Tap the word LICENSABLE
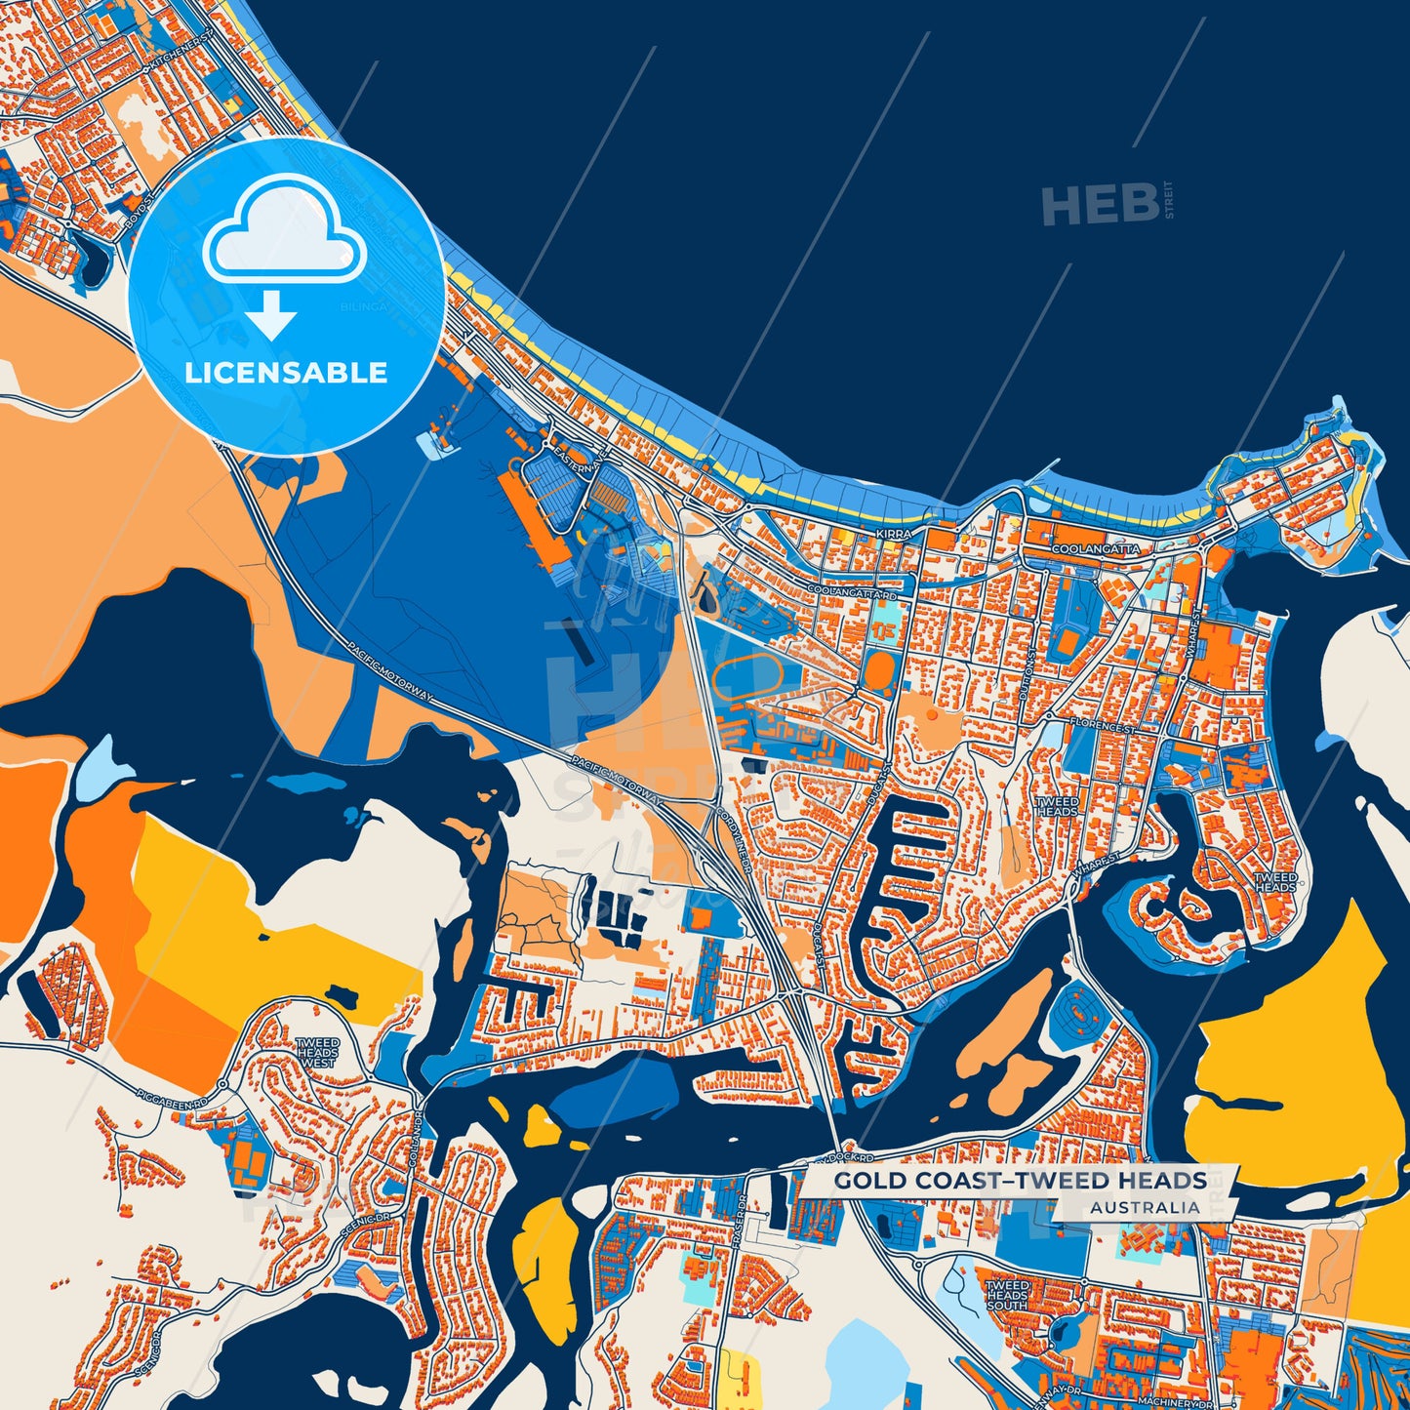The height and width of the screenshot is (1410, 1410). point(286,373)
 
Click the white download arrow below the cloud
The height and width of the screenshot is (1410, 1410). point(271,315)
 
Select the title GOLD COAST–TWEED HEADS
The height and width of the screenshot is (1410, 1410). point(1020,1181)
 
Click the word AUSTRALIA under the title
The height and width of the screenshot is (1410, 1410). point(1146,1207)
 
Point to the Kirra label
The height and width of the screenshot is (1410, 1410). point(894,535)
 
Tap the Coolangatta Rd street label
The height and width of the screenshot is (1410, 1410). point(851,592)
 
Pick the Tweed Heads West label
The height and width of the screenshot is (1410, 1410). point(317,1052)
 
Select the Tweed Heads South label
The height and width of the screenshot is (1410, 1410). point(1006,1296)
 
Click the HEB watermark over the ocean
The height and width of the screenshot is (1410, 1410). point(1101,205)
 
